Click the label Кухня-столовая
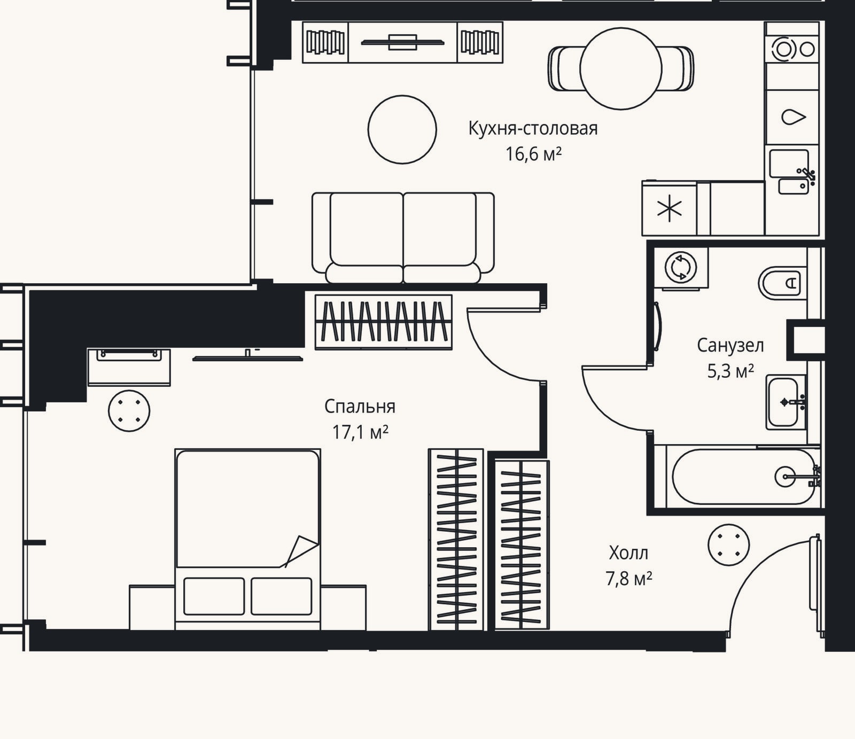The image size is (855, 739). [533, 129]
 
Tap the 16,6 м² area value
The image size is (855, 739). [533, 154]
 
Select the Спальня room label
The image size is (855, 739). [360, 407]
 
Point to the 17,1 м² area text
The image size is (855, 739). [360, 432]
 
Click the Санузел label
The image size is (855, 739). [730, 346]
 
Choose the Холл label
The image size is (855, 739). [628, 553]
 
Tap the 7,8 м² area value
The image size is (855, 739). [628, 578]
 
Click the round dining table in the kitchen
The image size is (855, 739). [620, 68]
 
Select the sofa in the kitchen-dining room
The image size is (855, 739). [403, 238]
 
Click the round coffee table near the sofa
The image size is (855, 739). [402, 129]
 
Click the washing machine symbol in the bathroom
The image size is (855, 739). [681, 267]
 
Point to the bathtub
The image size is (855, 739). [743, 476]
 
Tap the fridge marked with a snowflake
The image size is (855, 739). [670, 208]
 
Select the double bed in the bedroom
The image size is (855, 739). [247, 539]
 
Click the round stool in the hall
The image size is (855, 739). [728, 545]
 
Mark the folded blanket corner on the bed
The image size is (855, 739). [300, 550]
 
